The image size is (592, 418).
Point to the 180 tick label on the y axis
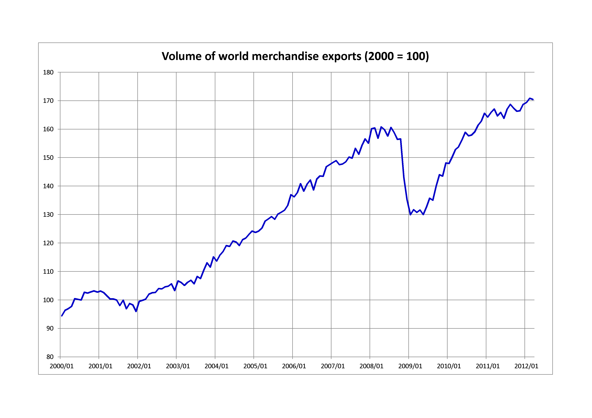(x=48, y=72)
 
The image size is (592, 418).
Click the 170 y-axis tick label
(x=48, y=101)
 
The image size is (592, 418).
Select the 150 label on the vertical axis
(x=48, y=158)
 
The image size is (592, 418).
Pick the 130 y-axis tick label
(x=48, y=215)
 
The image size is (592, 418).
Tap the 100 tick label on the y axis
(x=48, y=300)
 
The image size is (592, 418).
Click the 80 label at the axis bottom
(x=50, y=357)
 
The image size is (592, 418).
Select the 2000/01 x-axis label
(x=62, y=366)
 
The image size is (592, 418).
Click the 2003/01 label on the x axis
(x=178, y=366)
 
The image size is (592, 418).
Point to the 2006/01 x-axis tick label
(x=294, y=366)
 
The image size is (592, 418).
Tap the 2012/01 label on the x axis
(x=526, y=366)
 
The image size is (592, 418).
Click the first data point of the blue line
(x=62, y=316)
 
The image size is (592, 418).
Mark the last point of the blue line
(x=533, y=99)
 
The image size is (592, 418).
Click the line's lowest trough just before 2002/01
(x=136, y=311)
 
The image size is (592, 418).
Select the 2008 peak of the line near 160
(x=381, y=127)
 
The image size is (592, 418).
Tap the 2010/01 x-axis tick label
(x=449, y=366)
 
